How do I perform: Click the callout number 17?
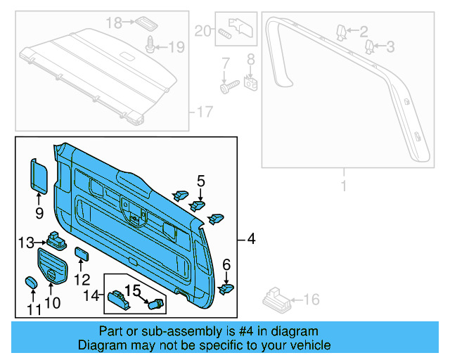click(204, 111)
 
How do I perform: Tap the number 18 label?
click(114, 23)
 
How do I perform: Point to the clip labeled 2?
click(341, 31)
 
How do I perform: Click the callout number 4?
click(251, 240)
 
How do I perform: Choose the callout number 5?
click(200, 181)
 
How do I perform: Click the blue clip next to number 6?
click(227, 287)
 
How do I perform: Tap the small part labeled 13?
click(55, 240)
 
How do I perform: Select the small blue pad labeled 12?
click(81, 253)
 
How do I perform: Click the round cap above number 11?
click(31, 283)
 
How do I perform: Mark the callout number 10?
click(53, 304)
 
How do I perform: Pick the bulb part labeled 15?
click(156, 304)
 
